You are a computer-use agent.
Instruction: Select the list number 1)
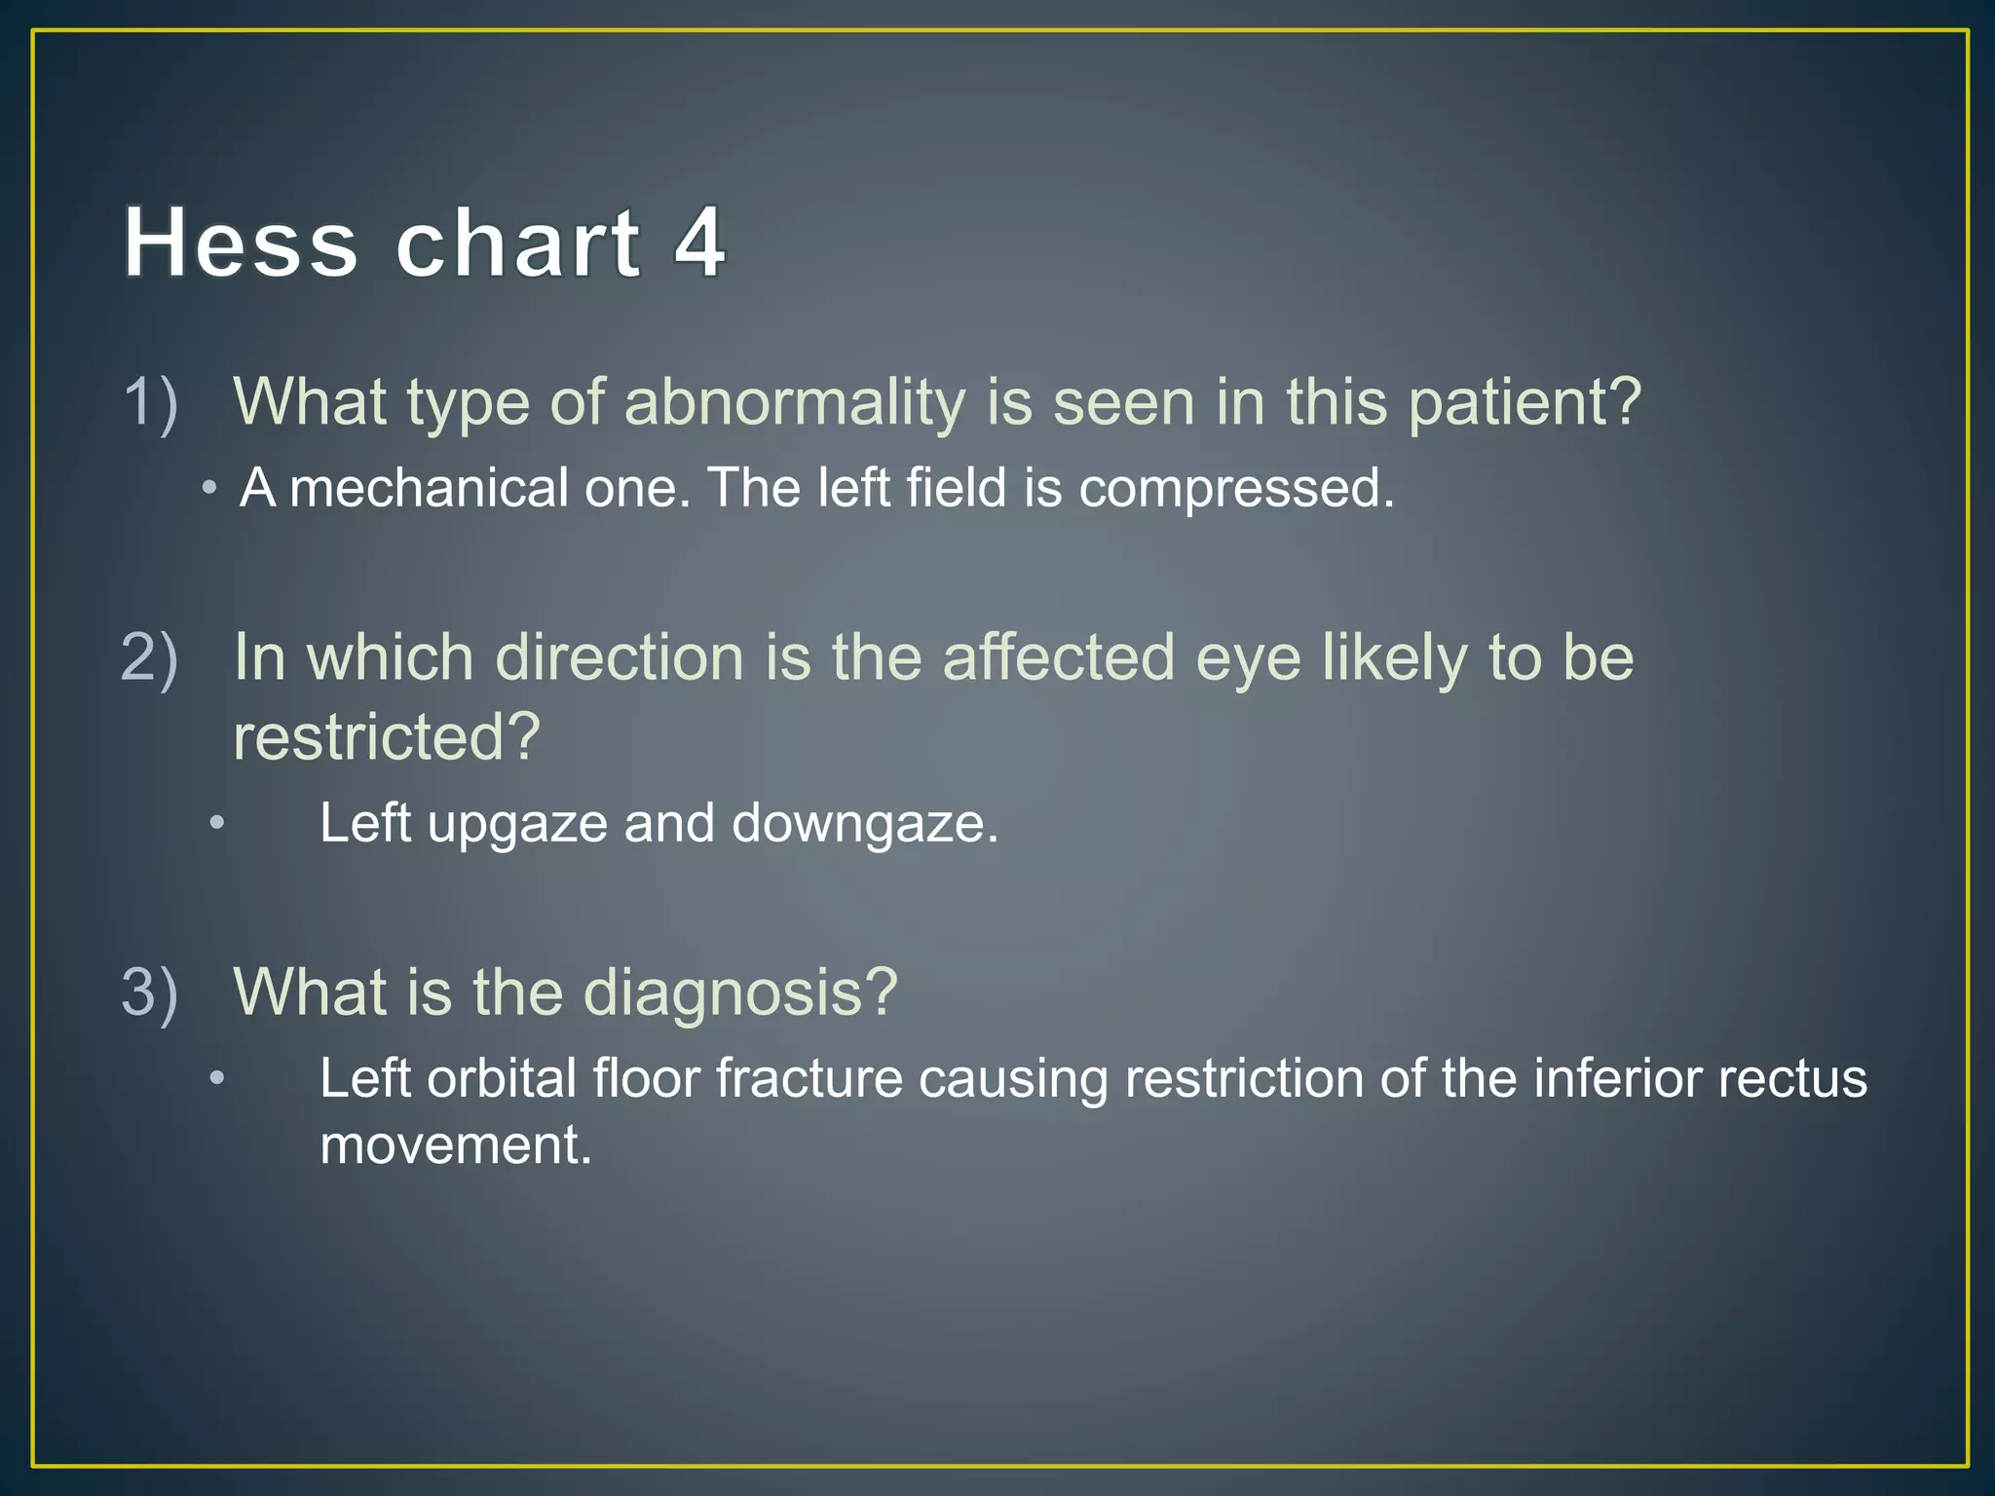[151, 402]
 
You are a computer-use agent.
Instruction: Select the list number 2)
[150, 657]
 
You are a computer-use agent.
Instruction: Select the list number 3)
[150, 992]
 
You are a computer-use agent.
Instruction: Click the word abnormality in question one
[794, 402]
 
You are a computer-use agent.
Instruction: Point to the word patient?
[1525, 402]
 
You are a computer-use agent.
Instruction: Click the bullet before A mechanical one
[209, 488]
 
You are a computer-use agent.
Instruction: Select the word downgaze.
[865, 824]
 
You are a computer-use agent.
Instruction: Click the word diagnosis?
[739, 992]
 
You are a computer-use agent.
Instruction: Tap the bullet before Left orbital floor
[217, 1079]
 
